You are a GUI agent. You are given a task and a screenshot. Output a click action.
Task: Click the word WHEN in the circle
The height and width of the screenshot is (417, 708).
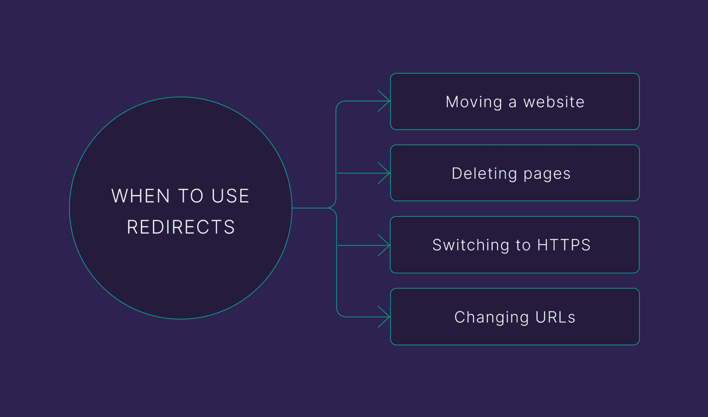pyautogui.click(x=141, y=196)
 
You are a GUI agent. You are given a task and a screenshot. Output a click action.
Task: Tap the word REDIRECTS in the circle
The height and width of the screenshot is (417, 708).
pyautogui.click(x=181, y=227)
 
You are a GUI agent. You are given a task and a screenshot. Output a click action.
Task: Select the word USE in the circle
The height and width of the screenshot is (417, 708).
pyautogui.click(x=231, y=196)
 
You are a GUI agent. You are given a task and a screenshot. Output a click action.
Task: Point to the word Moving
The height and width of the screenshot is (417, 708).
pyautogui.click(x=474, y=102)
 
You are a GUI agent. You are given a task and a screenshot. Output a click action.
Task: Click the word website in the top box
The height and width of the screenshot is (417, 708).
pyautogui.click(x=554, y=102)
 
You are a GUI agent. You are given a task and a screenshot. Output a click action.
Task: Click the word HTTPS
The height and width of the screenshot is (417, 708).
pyautogui.click(x=564, y=245)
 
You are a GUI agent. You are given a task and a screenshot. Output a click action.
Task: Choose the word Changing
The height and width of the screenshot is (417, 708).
pyautogui.click(x=492, y=318)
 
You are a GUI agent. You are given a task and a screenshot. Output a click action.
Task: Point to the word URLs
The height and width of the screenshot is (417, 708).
pyautogui.click(x=555, y=317)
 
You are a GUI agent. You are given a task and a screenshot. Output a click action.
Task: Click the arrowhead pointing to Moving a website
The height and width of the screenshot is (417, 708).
pyautogui.click(x=384, y=101)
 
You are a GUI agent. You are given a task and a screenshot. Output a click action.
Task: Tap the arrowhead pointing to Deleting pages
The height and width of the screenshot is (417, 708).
pyautogui.click(x=384, y=173)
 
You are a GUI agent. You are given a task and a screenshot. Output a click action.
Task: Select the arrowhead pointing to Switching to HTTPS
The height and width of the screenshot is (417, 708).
pyautogui.click(x=384, y=246)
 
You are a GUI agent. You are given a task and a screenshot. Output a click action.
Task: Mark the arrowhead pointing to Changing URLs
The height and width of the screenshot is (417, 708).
pyautogui.click(x=384, y=317)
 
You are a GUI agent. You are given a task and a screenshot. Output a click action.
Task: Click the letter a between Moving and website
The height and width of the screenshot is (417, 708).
pyautogui.click(x=512, y=103)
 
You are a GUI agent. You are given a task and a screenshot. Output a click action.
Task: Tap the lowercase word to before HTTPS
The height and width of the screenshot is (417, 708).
pyautogui.click(x=523, y=246)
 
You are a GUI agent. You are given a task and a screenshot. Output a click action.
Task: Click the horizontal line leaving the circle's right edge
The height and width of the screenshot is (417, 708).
pyautogui.click(x=310, y=208)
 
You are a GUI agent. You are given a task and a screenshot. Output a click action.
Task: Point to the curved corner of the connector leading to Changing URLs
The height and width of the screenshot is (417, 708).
pyautogui.click(x=339, y=314)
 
